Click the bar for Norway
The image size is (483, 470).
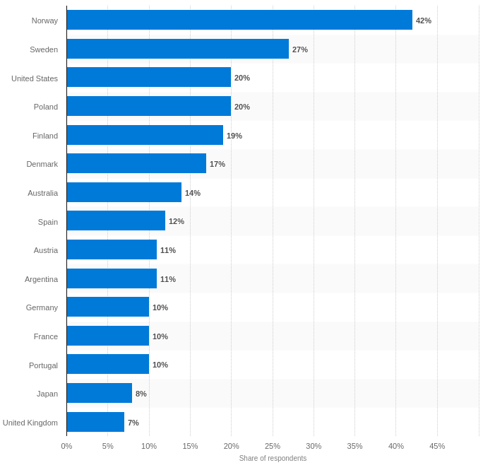tap(239, 20)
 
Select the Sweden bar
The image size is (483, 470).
tap(178, 49)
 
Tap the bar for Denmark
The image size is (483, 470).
tap(136, 163)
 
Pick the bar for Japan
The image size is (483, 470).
tap(100, 393)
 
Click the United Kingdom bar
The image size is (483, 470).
tap(95, 422)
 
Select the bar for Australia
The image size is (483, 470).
tap(124, 192)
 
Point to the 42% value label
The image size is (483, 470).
tap(424, 20)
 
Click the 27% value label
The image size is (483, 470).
tap(300, 49)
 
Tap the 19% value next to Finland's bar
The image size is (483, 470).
tap(234, 136)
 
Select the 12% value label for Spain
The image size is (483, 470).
tap(177, 221)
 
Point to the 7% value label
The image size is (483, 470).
tap(133, 423)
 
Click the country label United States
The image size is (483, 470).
tap(35, 78)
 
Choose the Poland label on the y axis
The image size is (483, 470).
tap(46, 107)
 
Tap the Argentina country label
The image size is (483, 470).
tap(41, 279)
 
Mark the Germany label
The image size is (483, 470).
tap(42, 307)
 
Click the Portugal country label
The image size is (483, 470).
tap(43, 365)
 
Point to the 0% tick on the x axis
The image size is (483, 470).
tap(66, 446)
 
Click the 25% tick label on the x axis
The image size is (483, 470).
tap(273, 446)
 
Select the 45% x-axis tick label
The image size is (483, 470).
tap(437, 446)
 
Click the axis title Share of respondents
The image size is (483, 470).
tap(273, 458)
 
